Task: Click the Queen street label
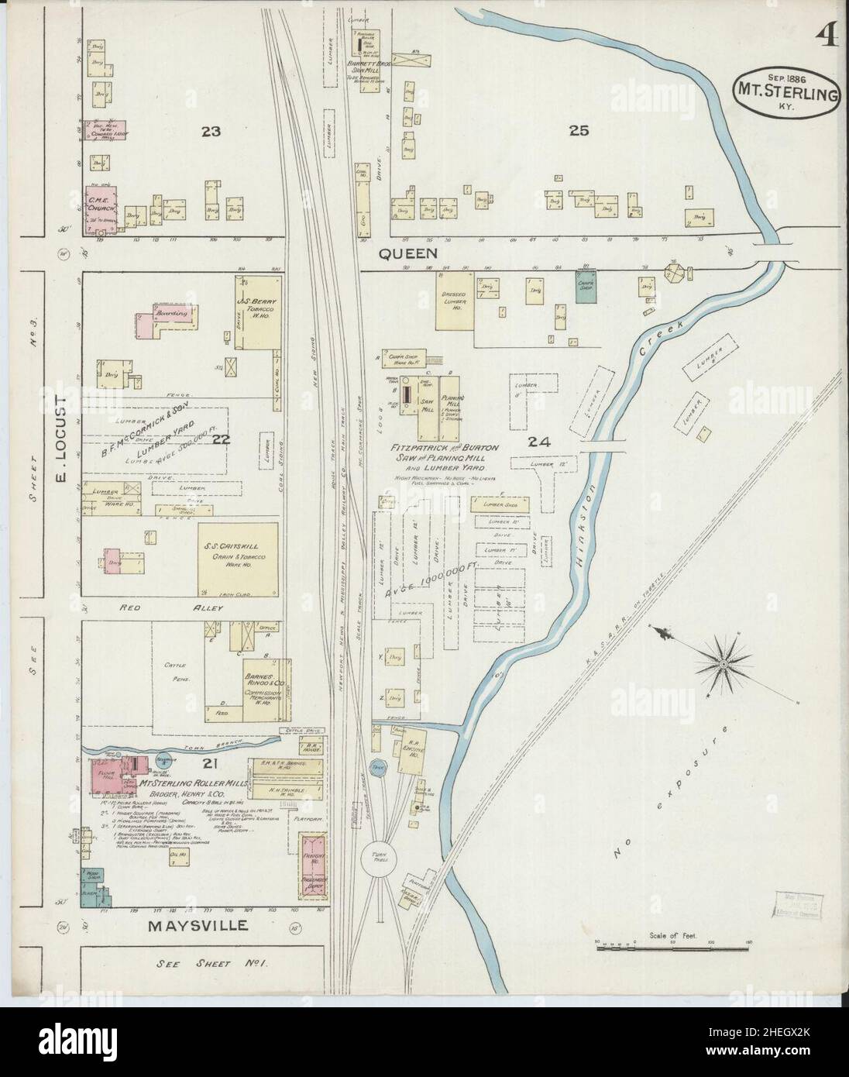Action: (x=408, y=253)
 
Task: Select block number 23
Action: (x=211, y=132)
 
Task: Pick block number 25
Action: (x=579, y=131)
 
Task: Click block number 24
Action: (x=538, y=442)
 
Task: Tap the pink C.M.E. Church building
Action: (x=102, y=206)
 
